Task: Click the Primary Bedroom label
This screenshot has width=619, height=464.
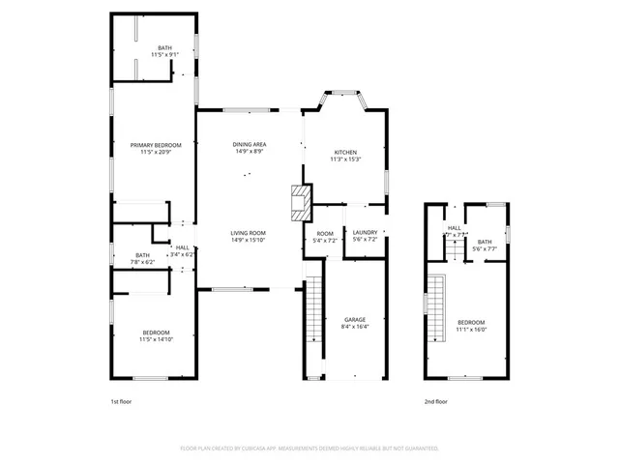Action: (155, 145)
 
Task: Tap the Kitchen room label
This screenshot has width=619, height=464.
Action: (346, 153)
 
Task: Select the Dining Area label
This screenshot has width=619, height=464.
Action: (249, 143)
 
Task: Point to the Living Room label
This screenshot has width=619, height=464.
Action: (248, 233)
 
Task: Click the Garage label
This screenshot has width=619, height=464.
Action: (355, 319)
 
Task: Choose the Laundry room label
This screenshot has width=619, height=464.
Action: (365, 232)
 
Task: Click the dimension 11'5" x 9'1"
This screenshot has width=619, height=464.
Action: (155, 54)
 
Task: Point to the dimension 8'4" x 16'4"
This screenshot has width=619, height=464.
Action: (355, 327)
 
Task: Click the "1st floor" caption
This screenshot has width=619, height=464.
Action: (122, 401)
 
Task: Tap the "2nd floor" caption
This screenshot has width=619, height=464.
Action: (435, 401)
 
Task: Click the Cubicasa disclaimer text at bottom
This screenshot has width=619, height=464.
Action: (309, 449)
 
